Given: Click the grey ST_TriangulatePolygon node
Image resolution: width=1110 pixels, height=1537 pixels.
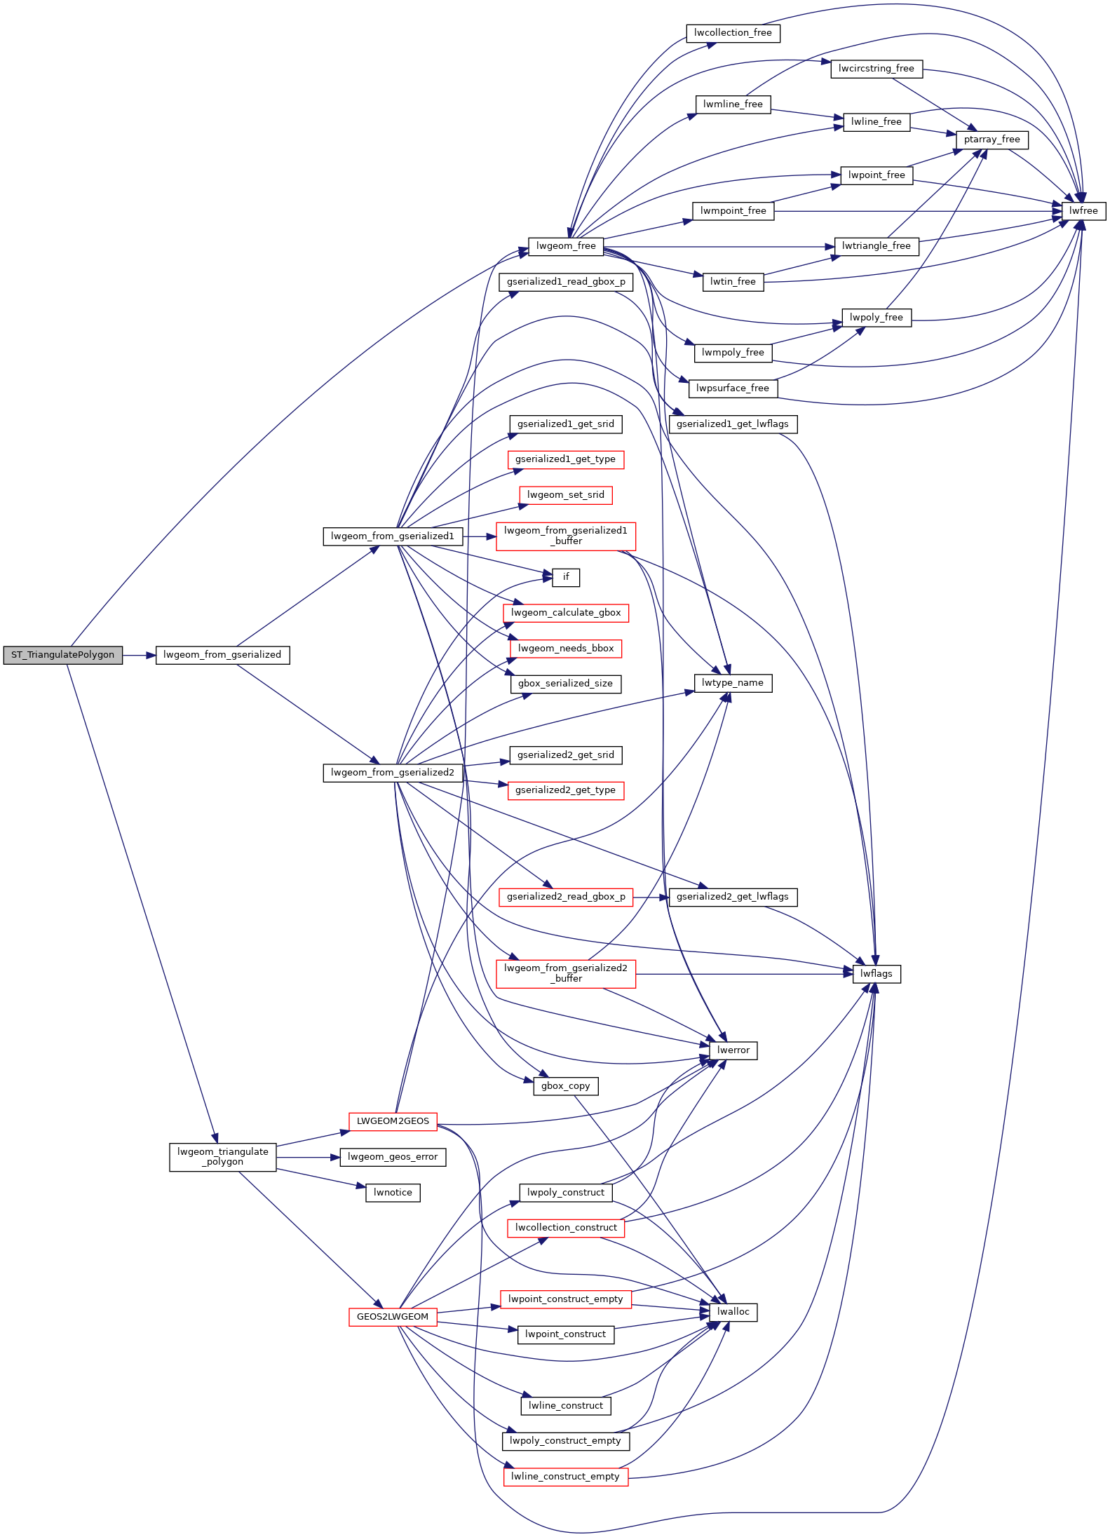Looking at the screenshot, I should pyautogui.click(x=62, y=655).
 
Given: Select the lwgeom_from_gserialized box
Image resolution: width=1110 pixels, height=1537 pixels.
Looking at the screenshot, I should pyautogui.click(x=222, y=655).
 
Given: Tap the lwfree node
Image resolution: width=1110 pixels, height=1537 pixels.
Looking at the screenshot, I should pyautogui.click(x=1083, y=211).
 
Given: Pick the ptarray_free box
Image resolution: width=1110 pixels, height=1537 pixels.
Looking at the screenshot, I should pyautogui.click(x=991, y=140).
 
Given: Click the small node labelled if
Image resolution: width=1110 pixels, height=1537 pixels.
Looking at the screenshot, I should pyautogui.click(x=566, y=577).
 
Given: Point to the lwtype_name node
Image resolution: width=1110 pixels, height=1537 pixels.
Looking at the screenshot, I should pyautogui.click(x=733, y=683).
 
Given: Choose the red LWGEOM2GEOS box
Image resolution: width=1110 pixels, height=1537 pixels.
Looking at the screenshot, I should pyautogui.click(x=393, y=1121).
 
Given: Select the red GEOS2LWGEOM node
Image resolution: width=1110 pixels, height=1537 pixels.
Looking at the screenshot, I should pyautogui.click(x=393, y=1317).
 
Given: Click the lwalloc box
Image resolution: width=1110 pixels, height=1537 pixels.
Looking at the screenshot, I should pyautogui.click(x=733, y=1312).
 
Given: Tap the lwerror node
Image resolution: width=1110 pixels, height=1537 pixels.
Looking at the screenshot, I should pyautogui.click(x=733, y=1050).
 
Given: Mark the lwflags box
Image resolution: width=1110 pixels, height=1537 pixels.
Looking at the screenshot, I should pyautogui.click(x=877, y=974).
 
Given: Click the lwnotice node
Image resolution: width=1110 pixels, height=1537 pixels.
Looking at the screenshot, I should pyautogui.click(x=393, y=1193).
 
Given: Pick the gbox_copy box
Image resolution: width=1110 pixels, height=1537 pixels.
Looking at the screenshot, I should pyautogui.click(x=565, y=1086).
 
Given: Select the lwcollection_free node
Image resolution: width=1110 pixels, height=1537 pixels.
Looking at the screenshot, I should pyautogui.click(x=733, y=33).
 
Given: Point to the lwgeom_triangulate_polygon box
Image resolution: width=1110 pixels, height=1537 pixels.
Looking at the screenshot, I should pyautogui.click(x=223, y=1157).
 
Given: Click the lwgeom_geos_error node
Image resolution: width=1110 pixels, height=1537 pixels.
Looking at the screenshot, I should pyautogui.click(x=393, y=1157).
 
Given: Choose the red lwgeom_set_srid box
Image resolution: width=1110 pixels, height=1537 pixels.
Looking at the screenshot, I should pyautogui.click(x=566, y=495).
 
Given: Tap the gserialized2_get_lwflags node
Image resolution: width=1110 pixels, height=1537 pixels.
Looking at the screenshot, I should pyautogui.click(x=733, y=897).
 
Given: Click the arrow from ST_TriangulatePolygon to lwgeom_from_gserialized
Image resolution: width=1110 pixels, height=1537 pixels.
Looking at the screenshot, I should pyautogui.click(x=139, y=655).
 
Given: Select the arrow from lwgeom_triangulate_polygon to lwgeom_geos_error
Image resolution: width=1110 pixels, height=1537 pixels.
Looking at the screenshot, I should pyautogui.click(x=309, y=1157).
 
